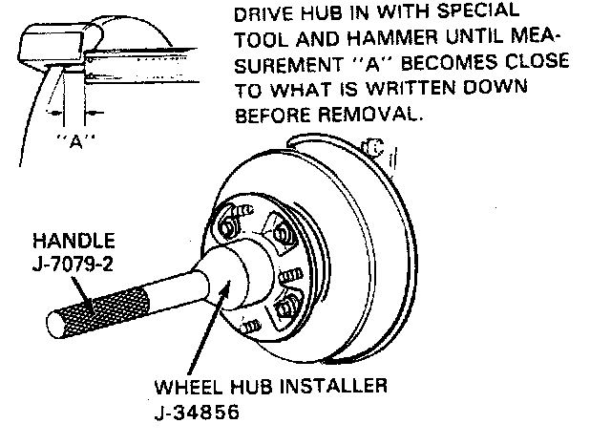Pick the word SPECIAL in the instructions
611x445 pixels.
click(474, 13)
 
